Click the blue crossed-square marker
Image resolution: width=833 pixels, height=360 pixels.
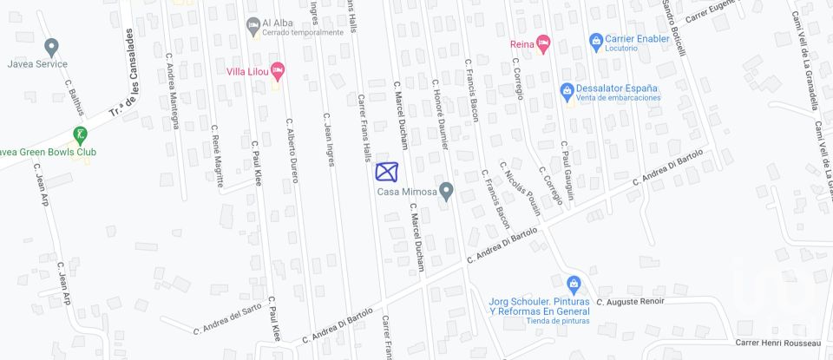coord(387,171)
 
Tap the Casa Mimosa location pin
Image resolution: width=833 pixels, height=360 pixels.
coord(446,190)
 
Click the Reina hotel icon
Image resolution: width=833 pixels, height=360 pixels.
coord(543,42)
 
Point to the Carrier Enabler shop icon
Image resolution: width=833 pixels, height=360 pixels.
coord(596,41)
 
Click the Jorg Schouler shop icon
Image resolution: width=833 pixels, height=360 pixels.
coord(573,284)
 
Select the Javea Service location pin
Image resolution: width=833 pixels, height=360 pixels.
coord(51,47)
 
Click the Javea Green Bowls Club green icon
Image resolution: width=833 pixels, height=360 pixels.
coord(79,135)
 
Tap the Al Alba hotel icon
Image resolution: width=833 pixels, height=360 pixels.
coord(253,26)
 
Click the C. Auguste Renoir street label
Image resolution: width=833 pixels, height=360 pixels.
coord(630,302)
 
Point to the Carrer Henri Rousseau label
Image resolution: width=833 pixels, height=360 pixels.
coord(777,342)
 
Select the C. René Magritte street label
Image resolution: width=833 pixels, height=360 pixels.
coord(218,156)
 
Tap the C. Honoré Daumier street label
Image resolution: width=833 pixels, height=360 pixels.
coord(439,114)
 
